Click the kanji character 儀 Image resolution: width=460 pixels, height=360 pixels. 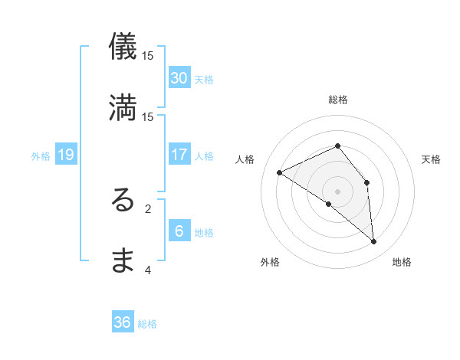123,47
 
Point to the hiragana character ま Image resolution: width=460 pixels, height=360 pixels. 123,261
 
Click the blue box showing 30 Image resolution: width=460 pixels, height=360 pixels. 179,78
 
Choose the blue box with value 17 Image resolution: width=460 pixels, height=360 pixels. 179,155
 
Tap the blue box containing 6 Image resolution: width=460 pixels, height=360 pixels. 179,231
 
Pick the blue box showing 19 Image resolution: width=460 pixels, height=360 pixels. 66,155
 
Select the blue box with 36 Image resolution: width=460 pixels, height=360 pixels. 123,322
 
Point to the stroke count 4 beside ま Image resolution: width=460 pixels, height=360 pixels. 148,269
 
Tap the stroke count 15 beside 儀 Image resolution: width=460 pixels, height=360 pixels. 148,55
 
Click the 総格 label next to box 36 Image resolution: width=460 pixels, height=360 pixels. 148,324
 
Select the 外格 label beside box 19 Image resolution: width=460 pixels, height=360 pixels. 41,156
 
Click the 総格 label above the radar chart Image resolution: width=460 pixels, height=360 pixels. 338,100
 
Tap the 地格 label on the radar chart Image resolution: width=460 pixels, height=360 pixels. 402,262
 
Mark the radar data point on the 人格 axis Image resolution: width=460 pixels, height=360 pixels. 280,172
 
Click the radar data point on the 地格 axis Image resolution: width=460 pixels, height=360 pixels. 373,241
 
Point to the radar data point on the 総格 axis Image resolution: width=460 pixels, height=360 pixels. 337,146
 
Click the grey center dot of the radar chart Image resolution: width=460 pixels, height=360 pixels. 337,191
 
